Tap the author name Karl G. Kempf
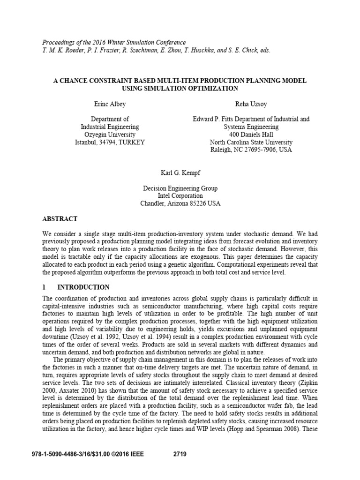tap(180, 172)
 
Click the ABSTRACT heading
tap(60, 219)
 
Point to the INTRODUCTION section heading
tap(83, 287)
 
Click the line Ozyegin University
tap(110, 135)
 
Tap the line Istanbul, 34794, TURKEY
tap(110, 142)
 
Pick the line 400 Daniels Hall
tap(251, 135)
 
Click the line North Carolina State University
tap(251, 142)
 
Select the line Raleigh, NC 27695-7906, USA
tap(251, 150)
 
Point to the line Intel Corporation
tap(180, 195)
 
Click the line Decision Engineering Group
tap(180, 188)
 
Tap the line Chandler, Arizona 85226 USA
tap(180, 203)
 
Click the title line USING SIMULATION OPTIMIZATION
tap(180, 88)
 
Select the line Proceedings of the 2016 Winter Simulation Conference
tap(114, 42)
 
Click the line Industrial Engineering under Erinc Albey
tap(110, 127)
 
